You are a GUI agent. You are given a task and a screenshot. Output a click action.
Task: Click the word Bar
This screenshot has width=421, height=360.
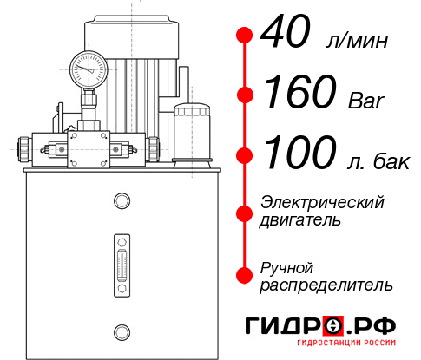click(366, 101)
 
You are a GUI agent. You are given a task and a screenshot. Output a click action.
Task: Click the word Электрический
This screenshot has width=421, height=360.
click(322, 203)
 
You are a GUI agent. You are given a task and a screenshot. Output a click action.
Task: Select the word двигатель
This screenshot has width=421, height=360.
click(300, 220)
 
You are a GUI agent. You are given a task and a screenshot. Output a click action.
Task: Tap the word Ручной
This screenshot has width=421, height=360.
click(287, 265)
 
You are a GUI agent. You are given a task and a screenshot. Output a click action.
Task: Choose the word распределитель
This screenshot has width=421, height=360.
click(326, 284)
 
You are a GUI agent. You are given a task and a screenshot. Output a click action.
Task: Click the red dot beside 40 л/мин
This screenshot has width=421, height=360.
click(244, 36)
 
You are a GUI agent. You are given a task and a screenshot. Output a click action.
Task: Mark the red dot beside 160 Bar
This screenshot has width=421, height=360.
click(244, 95)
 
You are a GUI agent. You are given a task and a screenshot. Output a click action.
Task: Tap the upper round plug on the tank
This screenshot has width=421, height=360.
click(121, 200)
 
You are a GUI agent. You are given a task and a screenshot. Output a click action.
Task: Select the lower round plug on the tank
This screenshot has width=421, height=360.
click(121, 330)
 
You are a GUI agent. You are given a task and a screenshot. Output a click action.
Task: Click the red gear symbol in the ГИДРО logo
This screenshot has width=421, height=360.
click(332, 326)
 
